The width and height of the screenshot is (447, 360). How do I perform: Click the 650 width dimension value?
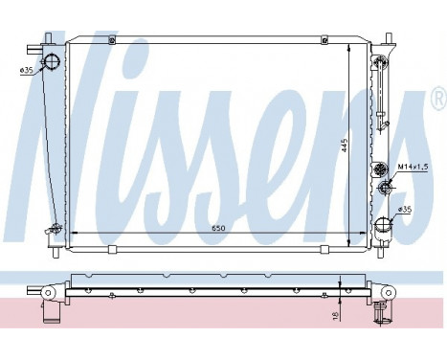coord(219,229)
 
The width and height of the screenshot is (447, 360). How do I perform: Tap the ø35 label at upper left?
coord(27,68)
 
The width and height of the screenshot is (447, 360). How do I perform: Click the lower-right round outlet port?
coord(384,226)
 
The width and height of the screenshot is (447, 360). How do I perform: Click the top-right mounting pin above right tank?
coord(389,40)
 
